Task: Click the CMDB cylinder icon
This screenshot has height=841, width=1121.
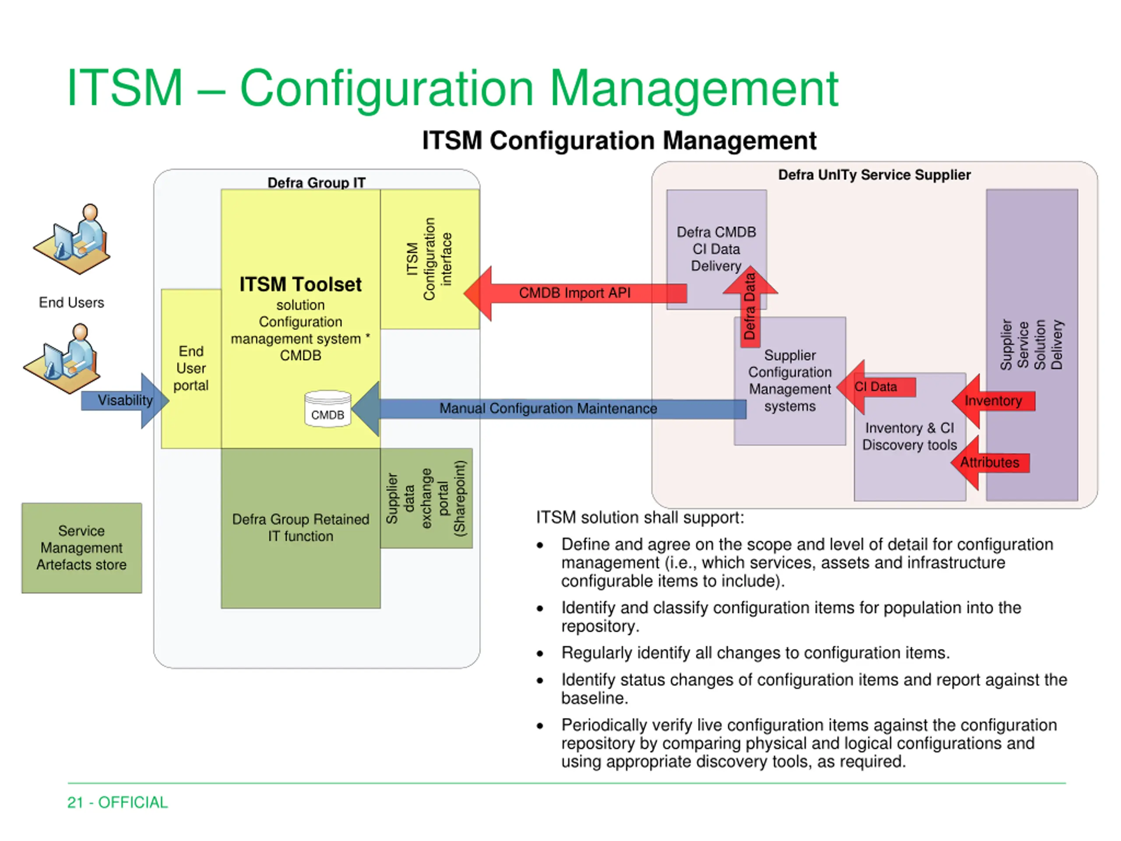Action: click(x=328, y=409)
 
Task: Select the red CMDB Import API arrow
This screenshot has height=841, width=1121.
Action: click(x=575, y=293)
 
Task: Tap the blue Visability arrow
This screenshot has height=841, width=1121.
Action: click(x=125, y=400)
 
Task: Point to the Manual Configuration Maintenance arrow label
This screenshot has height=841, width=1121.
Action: click(x=548, y=408)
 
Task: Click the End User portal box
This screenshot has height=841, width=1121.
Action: click(x=191, y=368)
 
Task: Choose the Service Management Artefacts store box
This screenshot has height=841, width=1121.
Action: click(x=81, y=548)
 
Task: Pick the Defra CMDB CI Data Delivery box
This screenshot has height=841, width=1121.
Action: click(x=716, y=249)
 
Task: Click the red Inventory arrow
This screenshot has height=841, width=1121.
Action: click(x=993, y=401)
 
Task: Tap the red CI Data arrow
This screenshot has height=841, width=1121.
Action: click(x=876, y=387)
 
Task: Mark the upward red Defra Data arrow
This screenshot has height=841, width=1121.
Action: click(x=750, y=306)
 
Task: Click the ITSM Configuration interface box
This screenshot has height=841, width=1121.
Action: click(x=430, y=259)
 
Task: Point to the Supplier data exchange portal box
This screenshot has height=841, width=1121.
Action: click(x=426, y=498)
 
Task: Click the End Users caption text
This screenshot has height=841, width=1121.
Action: click(x=71, y=303)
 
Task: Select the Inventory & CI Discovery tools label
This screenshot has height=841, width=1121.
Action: click(x=909, y=436)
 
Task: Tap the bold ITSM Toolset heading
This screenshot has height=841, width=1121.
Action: click(x=300, y=284)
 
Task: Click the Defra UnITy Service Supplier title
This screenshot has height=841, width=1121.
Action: click(x=874, y=175)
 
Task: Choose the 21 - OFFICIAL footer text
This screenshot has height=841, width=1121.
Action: click(x=117, y=802)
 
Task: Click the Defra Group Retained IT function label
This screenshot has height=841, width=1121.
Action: click(x=300, y=528)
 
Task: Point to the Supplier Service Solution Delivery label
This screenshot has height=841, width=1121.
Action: click(x=1031, y=345)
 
